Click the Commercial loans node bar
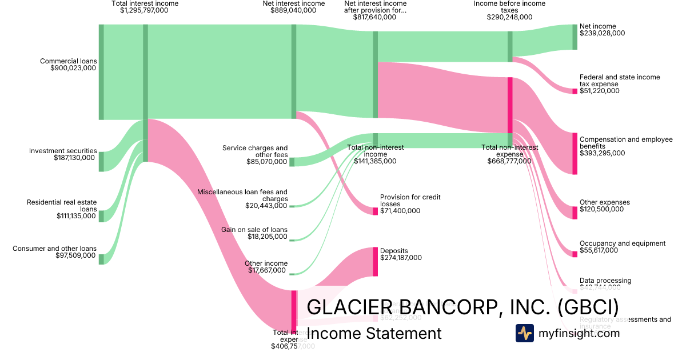click(101, 72)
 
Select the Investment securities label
click(63, 151)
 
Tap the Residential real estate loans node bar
click(101, 216)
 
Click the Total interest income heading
click(145, 3)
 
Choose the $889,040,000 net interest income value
click(293, 10)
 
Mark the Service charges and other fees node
click(292, 162)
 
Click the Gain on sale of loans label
click(254, 229)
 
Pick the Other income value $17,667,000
click(268, 270)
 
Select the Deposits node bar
click(376, 262)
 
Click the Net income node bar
click(575, 37)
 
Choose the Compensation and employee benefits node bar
click(575, 153)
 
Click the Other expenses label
click(604, 202)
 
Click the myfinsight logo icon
click(524, 333)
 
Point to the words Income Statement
click(374, 334)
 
